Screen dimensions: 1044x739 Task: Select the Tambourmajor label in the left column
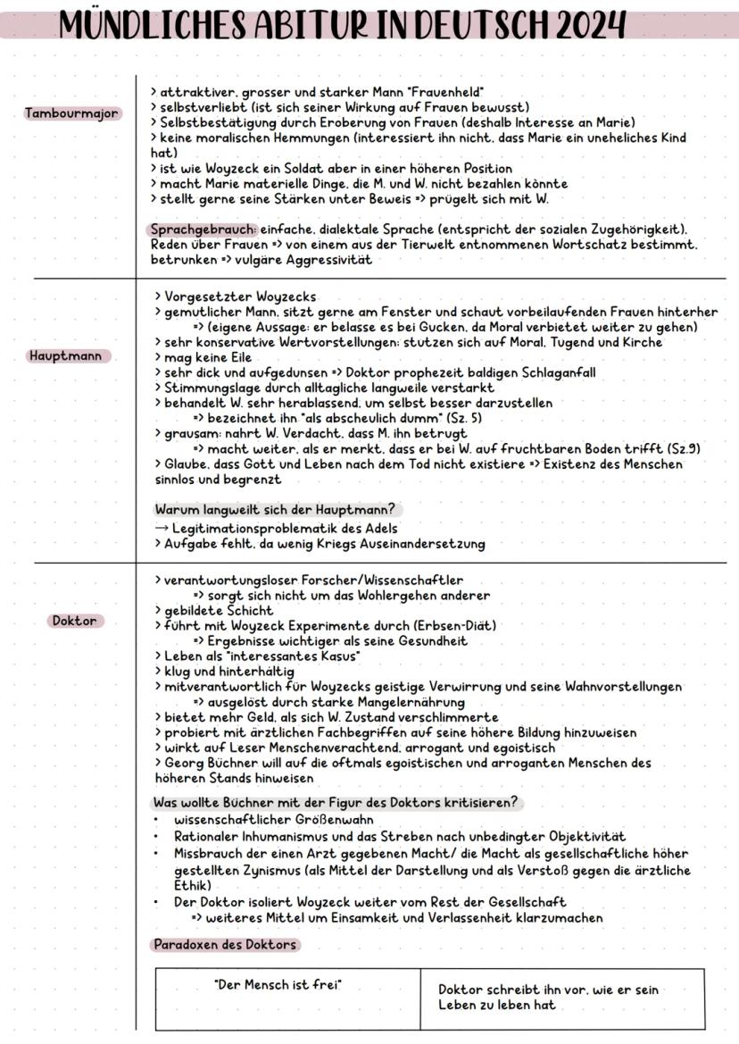tap(72, 113)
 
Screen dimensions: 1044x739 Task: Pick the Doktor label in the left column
tap(74, 621)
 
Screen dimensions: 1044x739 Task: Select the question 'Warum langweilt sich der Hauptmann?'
tap(276, 510)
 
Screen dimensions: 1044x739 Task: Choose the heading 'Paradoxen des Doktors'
tap(224, 944)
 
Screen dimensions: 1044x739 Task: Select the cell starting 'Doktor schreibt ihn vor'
tap(548, 998)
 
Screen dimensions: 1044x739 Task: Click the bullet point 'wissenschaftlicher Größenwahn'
tap(273, 819)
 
